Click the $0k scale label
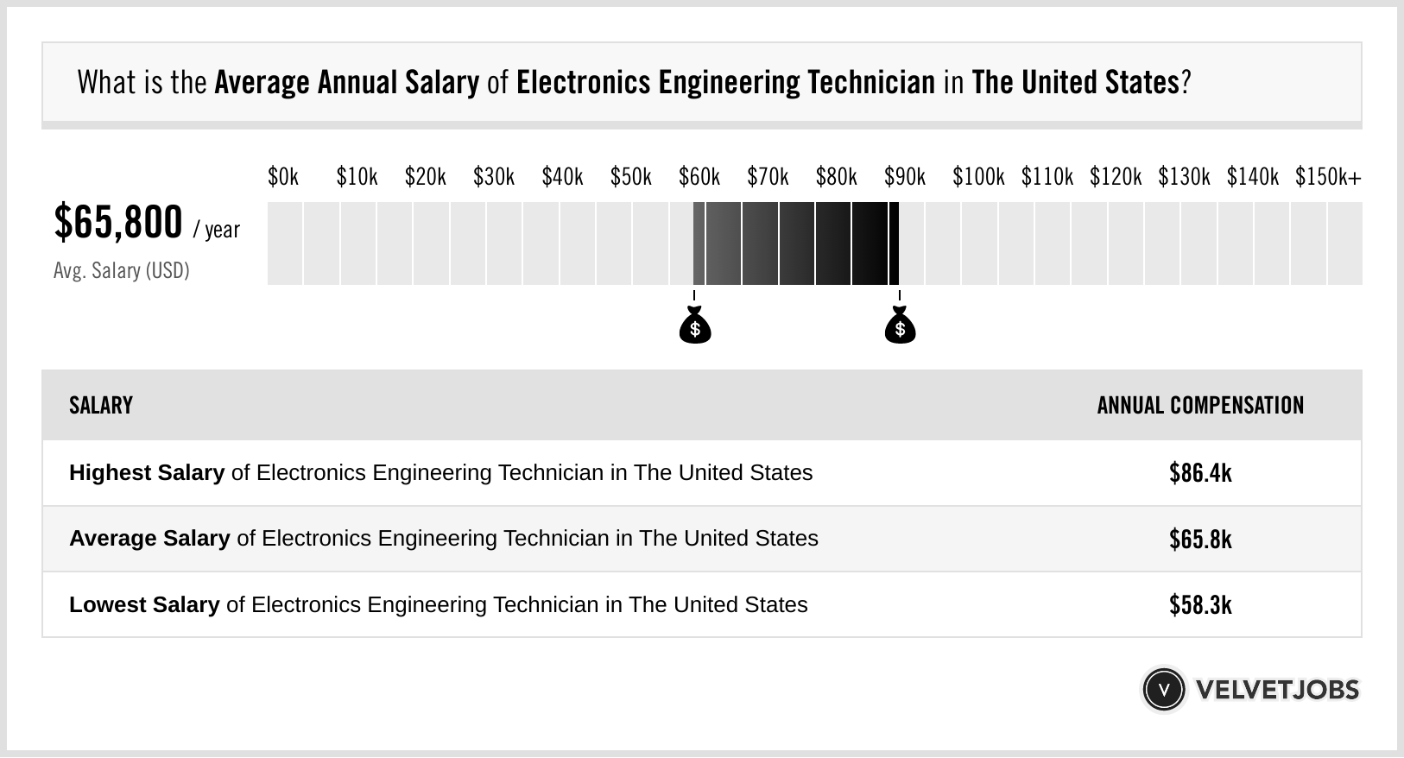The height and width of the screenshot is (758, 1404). tap(282, 177)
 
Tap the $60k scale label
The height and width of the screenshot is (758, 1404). tap(699, 177)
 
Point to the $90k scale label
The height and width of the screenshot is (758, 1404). tap(904, 177)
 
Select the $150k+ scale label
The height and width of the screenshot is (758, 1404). tap(1327, 177)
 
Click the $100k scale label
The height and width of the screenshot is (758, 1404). tap(978, 177)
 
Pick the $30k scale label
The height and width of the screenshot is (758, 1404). tap(493, 177)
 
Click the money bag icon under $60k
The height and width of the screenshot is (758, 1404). tap(694, 325)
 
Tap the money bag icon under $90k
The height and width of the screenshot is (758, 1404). tap(900, 325)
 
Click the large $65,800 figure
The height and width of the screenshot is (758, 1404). tap(118, 222)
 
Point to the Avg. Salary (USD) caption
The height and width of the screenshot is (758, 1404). tap(121, 271)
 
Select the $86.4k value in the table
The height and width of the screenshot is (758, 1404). tap(1200, 473)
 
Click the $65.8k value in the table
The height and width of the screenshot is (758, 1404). tap(1200, 540)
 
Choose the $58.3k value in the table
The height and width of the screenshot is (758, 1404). tap(1200, 605)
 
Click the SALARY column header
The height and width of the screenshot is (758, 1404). tap(101, 406)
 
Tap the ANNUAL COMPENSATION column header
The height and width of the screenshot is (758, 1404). tap(1200, 406)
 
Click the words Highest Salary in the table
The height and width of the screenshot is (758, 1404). tap(146, 473)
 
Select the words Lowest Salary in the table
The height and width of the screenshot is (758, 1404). tap(143, 605)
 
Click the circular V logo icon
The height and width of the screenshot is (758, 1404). tap(1163, 690)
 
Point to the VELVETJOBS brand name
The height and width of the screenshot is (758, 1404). tap(1277, 690)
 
